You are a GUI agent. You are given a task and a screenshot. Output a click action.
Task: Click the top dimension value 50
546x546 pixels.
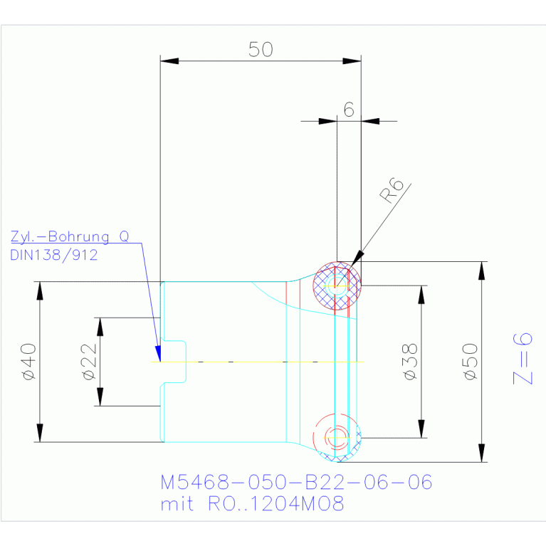point(261,49)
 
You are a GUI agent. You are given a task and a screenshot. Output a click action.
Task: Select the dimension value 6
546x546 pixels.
point(349,110)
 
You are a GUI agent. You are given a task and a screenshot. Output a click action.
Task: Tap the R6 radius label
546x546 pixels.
point(392,190)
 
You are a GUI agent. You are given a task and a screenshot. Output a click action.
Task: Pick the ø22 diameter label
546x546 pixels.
point(89,362)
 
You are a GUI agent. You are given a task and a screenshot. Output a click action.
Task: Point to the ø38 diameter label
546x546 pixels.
point(410,362)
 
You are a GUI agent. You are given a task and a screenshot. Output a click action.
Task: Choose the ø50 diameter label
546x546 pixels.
point(470,362)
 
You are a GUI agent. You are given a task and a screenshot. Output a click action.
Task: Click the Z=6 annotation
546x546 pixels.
point(523,359)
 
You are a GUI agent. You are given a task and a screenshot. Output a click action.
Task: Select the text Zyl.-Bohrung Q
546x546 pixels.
point(70,236)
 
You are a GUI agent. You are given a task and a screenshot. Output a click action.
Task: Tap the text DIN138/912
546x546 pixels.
point(54,255)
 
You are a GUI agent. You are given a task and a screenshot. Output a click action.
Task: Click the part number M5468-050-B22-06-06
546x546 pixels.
point(296,482)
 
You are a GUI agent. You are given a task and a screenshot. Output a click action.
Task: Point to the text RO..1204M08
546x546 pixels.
point(276,503)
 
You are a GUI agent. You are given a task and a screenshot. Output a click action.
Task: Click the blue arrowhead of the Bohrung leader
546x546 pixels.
point(159,354)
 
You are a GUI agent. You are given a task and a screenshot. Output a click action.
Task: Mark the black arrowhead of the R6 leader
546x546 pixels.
point(357,258)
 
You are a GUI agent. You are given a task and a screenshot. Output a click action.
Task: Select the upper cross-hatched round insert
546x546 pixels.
point(337,286)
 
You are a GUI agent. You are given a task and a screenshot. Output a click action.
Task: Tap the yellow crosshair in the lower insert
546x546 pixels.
point(337,437)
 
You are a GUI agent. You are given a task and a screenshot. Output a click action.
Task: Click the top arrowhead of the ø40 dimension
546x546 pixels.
point(40,290)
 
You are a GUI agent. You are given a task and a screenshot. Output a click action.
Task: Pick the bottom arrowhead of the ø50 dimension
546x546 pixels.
point(482,453)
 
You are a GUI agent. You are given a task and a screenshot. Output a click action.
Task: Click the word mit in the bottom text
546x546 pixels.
point(177,504)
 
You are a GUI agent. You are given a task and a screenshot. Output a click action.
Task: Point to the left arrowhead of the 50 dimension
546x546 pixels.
point(169,61)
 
